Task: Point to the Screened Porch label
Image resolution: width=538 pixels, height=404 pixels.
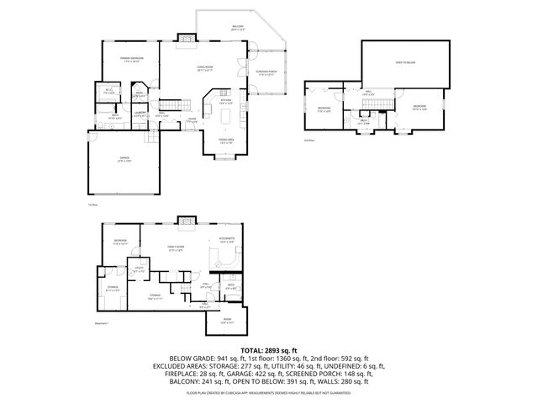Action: click(267, 73)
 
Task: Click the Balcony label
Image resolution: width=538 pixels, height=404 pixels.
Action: click(239, 29)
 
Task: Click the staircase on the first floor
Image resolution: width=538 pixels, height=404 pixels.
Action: click(171, 104)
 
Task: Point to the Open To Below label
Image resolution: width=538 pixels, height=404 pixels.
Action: click(406, 63)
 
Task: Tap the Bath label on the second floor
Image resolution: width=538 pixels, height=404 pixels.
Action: click(364, 122)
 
